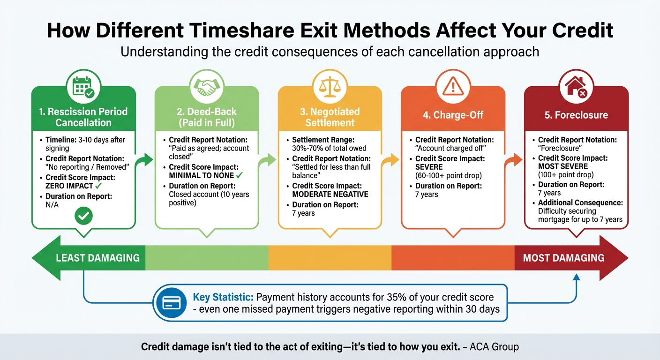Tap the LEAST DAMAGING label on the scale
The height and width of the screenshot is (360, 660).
[97, 258]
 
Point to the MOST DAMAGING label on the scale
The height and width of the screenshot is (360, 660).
[563, 258]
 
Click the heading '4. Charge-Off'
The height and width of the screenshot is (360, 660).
[452, 115]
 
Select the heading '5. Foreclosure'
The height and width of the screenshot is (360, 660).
[576, 115]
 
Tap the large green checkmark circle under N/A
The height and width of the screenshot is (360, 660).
[83, 216]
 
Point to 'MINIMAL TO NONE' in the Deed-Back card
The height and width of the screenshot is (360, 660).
[201, 175]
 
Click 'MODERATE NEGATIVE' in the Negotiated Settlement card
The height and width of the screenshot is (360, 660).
[330, 194]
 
